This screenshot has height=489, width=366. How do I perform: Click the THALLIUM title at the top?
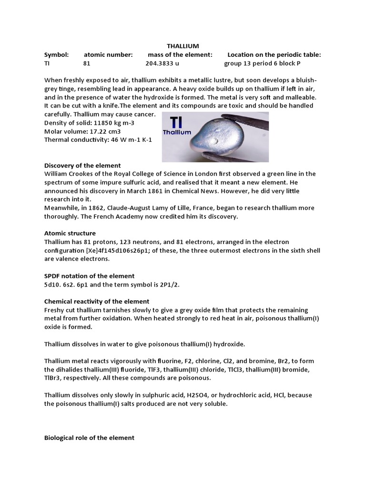pos(183,46)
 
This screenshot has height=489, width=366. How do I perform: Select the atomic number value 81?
pos(87,64)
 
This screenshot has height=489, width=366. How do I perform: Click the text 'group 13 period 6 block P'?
pos(262,64)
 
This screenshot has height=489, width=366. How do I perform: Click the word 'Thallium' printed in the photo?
pos(177,132)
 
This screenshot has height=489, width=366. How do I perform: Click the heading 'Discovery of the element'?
pos(82,165)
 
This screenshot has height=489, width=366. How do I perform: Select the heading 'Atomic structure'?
pos(70,233)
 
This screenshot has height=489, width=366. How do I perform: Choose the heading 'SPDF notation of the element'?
pos(89,276)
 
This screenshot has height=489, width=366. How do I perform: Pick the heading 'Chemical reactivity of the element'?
pos(97,301)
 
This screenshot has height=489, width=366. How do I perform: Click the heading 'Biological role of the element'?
pos(89,437)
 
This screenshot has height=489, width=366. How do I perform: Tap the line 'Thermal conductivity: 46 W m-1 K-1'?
pos(99,140)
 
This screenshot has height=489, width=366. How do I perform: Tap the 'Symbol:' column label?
pos(56,55)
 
